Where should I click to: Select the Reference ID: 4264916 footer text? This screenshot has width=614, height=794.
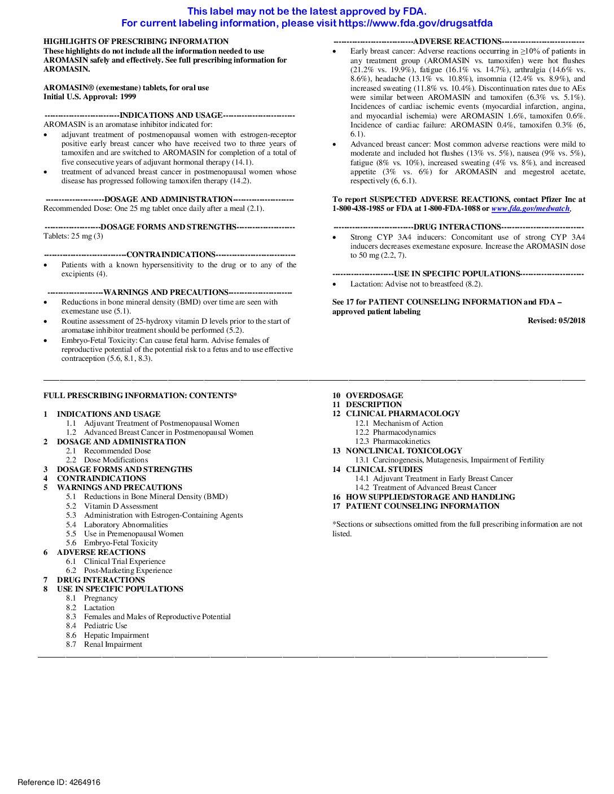pos(59,782)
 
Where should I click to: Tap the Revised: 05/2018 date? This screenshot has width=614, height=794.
pos(556,321)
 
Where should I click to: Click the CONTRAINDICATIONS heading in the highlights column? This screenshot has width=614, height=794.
pos(170,255)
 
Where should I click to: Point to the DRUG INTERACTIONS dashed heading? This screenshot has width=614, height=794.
pos(457,227)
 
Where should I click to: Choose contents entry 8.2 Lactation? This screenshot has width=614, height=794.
pos(99,607)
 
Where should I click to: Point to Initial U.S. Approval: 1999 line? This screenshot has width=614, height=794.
pos(90,97)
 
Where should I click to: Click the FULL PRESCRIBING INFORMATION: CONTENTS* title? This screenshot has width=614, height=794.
pos(140,396)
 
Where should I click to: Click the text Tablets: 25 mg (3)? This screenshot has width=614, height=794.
pos(73,236)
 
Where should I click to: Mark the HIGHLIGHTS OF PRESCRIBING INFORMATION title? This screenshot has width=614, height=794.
pos(136,42)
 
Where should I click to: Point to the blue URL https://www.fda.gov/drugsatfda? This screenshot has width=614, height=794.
pos(415,24)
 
